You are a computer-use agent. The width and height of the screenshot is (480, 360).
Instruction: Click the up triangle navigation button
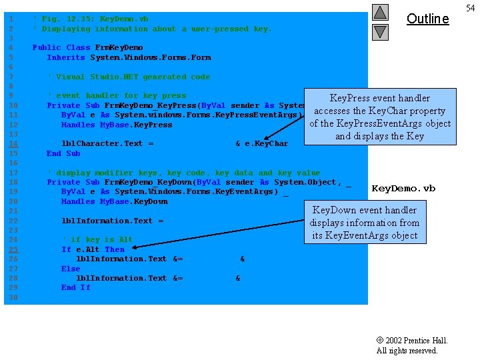pos(380,12)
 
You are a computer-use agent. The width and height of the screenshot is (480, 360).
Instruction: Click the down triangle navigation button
pos(380,31)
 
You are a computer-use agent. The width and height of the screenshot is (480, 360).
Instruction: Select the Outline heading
pos(427,19)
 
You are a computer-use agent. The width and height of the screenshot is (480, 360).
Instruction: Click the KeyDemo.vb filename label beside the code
pos(403,189)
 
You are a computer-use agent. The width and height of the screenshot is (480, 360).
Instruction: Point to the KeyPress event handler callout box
pos(380,117)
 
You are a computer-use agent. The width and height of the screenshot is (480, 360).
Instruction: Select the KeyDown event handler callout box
pos(364,223)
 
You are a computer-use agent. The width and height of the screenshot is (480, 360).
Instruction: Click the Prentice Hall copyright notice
pos(411,345)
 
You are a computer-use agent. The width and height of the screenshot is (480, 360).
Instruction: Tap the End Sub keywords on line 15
pos(63,153)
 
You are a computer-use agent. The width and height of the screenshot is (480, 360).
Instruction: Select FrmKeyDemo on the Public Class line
pos(119,47)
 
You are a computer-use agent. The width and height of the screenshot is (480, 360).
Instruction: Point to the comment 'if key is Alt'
pos(97,239)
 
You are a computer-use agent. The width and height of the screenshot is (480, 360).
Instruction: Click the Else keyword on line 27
pos(71,269)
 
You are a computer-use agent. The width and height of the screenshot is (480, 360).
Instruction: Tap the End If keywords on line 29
pos(75,287)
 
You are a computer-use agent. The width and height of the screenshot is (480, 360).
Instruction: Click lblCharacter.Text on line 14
pos(102,143)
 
